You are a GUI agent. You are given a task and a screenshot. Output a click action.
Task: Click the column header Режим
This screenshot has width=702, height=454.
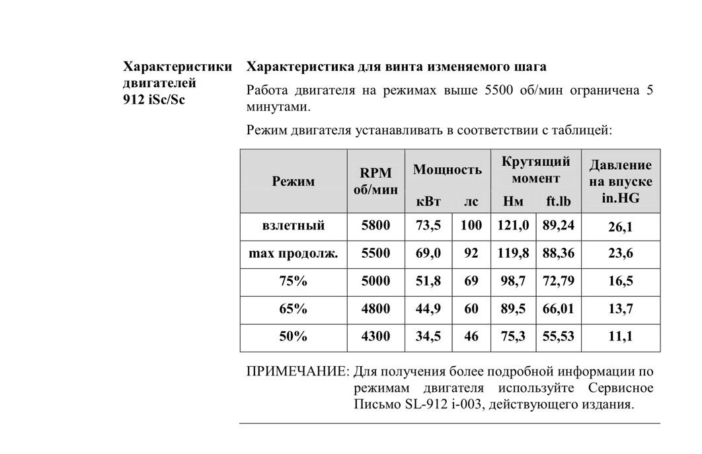(x=293, y=181)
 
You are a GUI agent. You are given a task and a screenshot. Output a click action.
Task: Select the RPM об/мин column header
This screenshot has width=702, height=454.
(x=375, y=181)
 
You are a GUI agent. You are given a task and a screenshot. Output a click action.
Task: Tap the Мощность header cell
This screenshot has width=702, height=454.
(x=447, y=169)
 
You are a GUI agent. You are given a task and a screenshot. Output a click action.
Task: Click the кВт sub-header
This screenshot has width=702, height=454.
(x=428, y=201)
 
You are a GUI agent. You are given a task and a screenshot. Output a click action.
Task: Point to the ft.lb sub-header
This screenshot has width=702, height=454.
(x=558, y=201)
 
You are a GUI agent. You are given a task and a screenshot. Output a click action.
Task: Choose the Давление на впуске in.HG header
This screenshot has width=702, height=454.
(x=620, y=181)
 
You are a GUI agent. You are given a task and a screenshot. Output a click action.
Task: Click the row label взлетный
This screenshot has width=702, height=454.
(x=293, y=226)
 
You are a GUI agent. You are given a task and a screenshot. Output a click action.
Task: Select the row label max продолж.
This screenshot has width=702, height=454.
(x=293, y=254)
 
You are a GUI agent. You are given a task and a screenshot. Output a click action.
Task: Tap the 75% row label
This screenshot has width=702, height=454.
(x=293, y=281)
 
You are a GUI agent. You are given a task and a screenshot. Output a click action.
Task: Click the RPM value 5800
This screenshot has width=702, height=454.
(x=375, y=226)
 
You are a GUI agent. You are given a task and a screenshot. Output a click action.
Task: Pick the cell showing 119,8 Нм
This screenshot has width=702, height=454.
(x=513, y=254)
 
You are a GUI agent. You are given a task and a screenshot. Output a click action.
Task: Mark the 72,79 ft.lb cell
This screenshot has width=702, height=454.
(x=558, y=281)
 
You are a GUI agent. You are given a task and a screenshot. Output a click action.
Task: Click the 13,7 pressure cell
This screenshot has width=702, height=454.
(x=620, y=309)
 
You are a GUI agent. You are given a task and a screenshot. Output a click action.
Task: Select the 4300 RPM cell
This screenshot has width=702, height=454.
(x=375, y=336)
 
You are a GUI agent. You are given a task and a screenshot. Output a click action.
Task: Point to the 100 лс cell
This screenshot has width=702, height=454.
(x=471, y=226)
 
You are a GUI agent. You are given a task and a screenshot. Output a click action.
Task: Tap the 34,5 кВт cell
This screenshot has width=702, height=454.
(x=428, y=336)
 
